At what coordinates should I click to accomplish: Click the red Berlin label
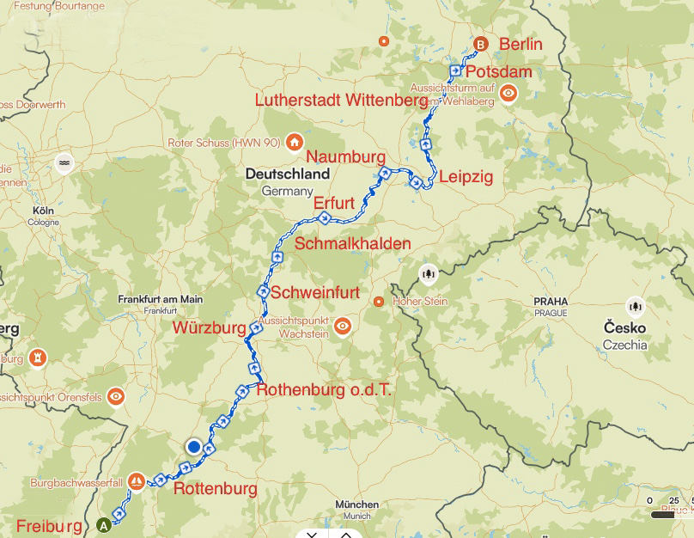coord(520,44)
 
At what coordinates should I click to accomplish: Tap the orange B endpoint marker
coord(481,44)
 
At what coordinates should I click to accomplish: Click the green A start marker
coord(105,523)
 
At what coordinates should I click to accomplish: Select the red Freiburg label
coord(51,526)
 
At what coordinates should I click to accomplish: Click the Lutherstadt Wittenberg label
coord(341,101)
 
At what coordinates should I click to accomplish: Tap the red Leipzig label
coord(466,176)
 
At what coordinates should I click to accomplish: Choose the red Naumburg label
coord(344,157)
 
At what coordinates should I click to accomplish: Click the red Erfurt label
coord(333,203)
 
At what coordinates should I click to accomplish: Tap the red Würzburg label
coord(210,327)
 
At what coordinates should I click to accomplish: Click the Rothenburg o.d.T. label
coord(324,389)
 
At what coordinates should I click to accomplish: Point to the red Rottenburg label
coord(215,489)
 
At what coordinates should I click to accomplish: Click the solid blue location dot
coord(194,446)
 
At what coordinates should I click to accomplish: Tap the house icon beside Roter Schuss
coord(294,142)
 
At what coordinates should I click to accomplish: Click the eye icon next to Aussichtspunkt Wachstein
coord(343,326)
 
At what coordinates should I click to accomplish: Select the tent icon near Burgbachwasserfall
coord(136,481)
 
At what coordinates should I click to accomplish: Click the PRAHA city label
coord(550,302)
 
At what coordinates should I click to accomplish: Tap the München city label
coord(357,504)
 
